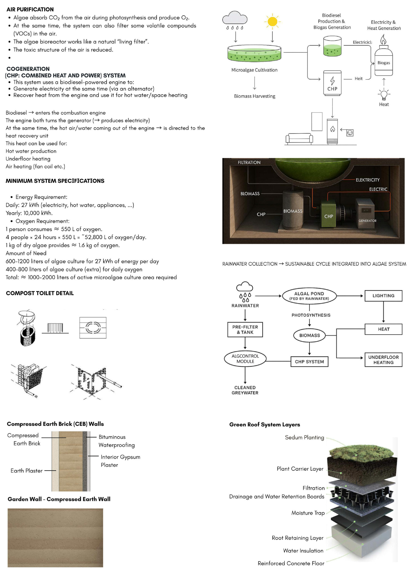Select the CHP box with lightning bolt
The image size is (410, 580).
(332, 83)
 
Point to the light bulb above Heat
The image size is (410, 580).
(384, 94)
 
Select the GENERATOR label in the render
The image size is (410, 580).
(367, 220)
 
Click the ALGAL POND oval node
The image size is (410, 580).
(309, 296)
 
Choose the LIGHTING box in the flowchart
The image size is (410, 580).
(383, 296)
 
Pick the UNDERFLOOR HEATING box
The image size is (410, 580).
(383, 360)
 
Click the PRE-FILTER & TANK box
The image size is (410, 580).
(245, 329)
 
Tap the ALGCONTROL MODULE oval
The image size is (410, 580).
(245, 358)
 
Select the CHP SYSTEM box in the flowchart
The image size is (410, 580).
(309, 362)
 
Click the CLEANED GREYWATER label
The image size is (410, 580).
(245, 390)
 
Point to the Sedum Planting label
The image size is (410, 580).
(304, 437)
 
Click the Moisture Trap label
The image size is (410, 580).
(308, 513)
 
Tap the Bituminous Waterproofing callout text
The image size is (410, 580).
(117, 441)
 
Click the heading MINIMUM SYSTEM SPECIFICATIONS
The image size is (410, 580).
(55, 181)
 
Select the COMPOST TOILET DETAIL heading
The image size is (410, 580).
(40, 293)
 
